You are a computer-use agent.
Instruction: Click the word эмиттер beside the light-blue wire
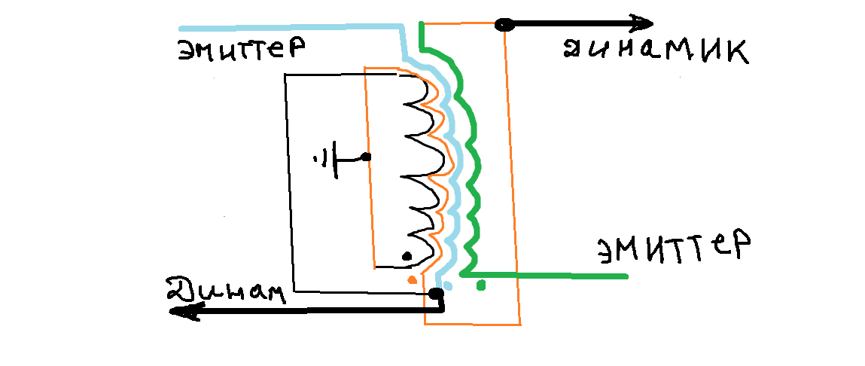pyautogui.click(x=242, y=49)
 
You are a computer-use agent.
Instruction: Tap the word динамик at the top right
pyautogui.click(x=656, y=52)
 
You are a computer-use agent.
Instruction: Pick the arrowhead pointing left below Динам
pyautogui.click(x=182, y=312)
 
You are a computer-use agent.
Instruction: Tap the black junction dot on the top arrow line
pyautogui.click(x=504, y=24)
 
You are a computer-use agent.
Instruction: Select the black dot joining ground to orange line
pyautogui.click(x=366, y=157)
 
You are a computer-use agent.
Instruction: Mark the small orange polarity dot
pyautogui.click(x=411, y=280)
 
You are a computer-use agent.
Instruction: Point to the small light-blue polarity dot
pyautogui.click(x=448, y=286)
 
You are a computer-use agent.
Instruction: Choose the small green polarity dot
pyautogui.click(x=481, y=286)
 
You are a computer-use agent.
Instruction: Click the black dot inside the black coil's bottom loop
pyautogui.click(x=407, y=255)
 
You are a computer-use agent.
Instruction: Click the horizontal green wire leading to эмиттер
pyautogui.click(x=544, y=274)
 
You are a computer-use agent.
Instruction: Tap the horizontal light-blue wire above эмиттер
pyautogui.click(x=290, y=26)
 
